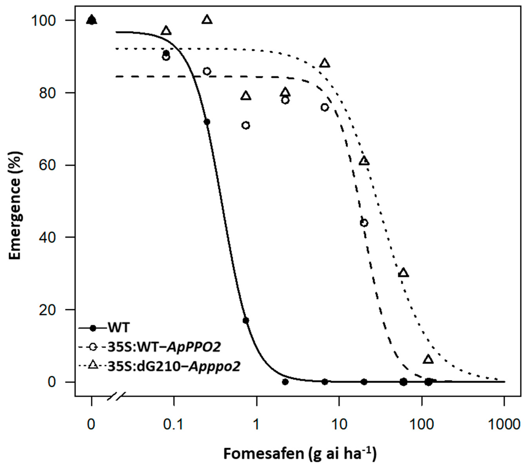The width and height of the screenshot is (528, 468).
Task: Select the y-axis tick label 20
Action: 47,310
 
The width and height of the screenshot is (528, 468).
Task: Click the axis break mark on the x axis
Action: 116,396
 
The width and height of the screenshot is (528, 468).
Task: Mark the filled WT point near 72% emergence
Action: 207,122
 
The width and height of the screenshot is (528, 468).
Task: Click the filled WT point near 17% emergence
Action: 246,320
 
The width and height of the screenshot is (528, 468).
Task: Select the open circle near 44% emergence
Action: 364,223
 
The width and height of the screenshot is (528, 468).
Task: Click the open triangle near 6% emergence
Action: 428,359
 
